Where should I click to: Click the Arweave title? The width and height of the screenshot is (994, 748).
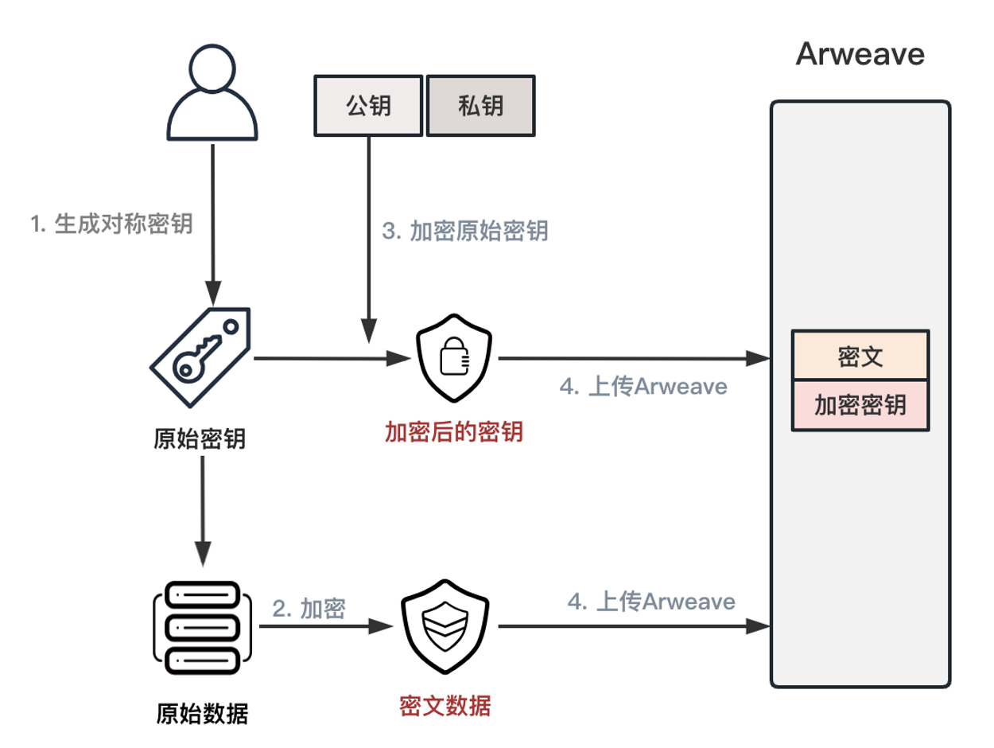[860, 55]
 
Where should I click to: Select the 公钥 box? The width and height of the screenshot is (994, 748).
[368, 105]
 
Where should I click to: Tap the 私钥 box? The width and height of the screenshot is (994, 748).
[480, 105]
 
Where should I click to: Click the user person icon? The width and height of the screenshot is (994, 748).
[212, 92]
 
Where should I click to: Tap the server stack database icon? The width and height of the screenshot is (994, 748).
[203, 627]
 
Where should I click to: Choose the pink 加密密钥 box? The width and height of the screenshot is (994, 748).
[860, 405]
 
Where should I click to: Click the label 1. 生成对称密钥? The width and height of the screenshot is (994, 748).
[111, 224]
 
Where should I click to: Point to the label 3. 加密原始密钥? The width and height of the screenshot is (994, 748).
[465, 231]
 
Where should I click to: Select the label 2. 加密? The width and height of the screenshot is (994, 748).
[309, 609]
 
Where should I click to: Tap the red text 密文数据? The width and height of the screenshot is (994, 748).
[445, 705]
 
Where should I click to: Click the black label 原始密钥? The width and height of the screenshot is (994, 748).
[200, 438]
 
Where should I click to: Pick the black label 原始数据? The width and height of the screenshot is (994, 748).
[203, 713]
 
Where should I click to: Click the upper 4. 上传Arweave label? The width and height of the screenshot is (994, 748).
[644, 387]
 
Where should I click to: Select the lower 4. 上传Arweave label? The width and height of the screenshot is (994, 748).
[651, 602]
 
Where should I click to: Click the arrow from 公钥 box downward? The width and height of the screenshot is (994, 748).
[368, 239]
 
